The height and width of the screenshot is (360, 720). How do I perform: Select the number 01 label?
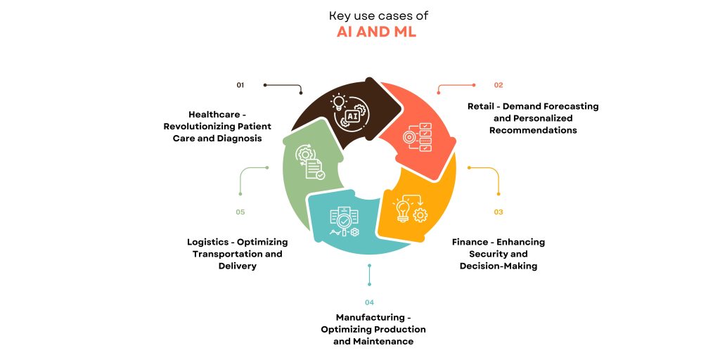click(240, 85)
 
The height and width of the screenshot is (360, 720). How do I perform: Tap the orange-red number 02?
click(499, 85)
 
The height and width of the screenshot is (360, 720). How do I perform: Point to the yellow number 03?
click(499, 212)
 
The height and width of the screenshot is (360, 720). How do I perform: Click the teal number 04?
click(369, 302)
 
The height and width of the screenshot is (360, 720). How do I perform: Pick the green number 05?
click(240, 212)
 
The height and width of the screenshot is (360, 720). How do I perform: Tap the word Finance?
click(470, 242)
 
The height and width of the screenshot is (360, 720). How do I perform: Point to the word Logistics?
click(208, 242)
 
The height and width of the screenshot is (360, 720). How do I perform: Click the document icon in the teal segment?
click(345, 221)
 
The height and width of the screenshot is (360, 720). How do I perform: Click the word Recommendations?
click(533, 130)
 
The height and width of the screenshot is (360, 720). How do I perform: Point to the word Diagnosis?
click(239, 139)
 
